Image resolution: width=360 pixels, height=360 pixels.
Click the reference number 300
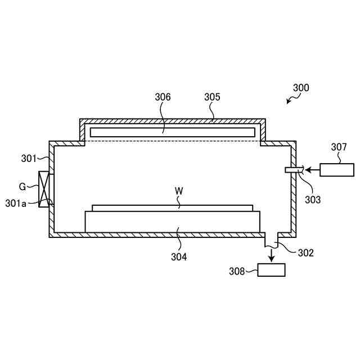coord(301,88)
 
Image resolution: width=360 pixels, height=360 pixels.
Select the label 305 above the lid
coord(212,97)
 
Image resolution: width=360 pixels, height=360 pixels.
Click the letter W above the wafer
coord(179,191)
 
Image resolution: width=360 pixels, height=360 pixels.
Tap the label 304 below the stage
coord(179,257)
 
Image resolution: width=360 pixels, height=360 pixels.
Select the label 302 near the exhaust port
coord(305,253)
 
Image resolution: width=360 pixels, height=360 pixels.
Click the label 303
coord(313,199)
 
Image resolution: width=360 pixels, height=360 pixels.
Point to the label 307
coord(339,147)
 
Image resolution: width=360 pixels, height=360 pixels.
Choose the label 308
coord(236,271)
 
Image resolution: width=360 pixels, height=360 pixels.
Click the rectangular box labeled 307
coord(337,169)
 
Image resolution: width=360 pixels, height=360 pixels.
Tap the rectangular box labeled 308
coord(271,270)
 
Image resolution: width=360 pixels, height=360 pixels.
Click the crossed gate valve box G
coord(43,189)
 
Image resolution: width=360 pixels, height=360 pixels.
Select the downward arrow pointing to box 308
coord(271,255)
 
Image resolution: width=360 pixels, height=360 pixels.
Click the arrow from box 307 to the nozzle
coord(312,169)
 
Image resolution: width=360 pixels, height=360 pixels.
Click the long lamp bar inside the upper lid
coord(172,132)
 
